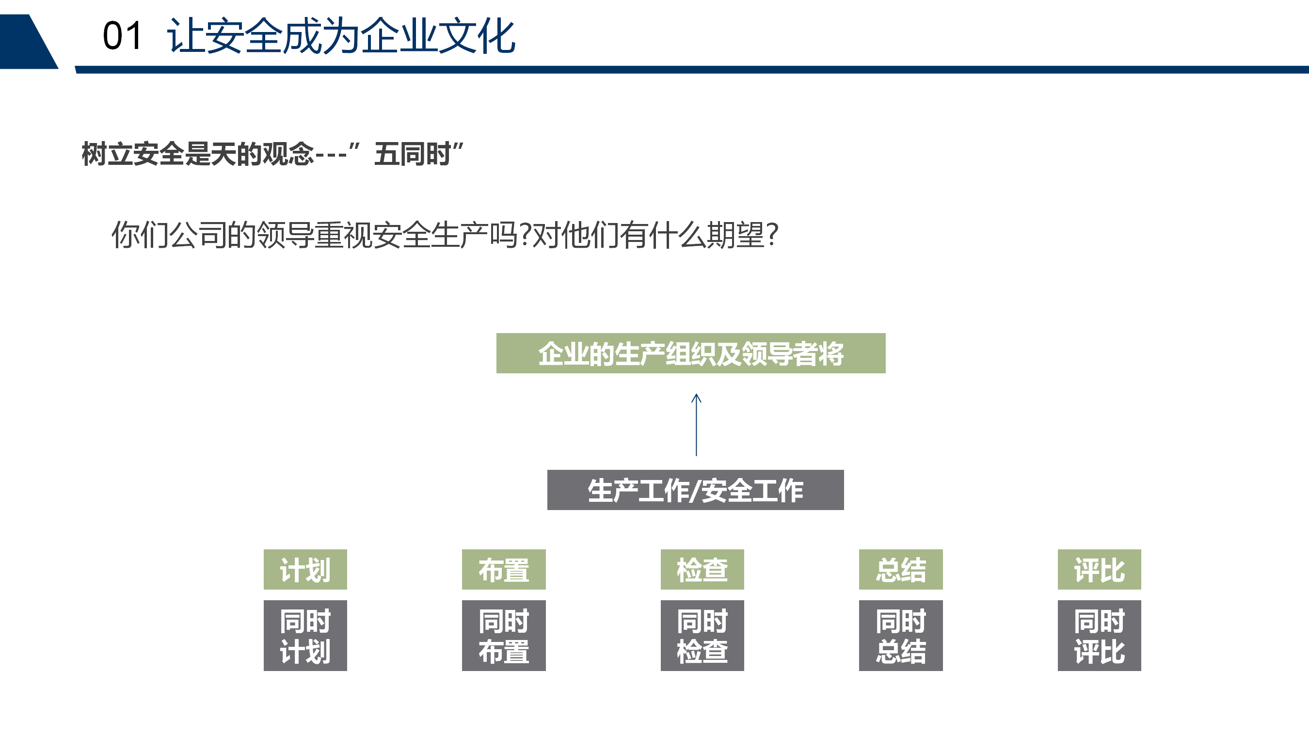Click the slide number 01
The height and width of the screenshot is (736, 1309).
tap(122, 36)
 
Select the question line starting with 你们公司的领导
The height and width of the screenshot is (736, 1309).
tap(445, 235)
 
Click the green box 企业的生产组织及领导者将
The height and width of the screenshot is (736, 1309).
tap(690, 353)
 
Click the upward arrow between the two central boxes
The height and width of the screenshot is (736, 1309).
tap(696, 425)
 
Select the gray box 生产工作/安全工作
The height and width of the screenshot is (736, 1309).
tap(695, 490)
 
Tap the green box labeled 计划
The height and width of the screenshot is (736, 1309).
tap(305, 569)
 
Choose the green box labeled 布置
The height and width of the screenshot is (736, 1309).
tap(504, 569)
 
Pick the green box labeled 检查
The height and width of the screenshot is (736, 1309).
tap(702, 569)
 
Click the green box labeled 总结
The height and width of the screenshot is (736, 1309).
tap(901, 569)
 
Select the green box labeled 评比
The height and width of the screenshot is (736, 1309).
tap(1100, 569)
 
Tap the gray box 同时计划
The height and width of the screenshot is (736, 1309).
tap(305, 635)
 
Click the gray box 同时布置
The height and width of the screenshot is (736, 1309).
tap(504, 635)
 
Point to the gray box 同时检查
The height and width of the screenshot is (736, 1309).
tap(702, 635)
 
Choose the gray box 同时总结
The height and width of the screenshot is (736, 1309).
tap(901, 635)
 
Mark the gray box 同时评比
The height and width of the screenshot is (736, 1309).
tap(1100, 635)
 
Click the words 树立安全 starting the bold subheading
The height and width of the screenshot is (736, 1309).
tap(133, 154)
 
